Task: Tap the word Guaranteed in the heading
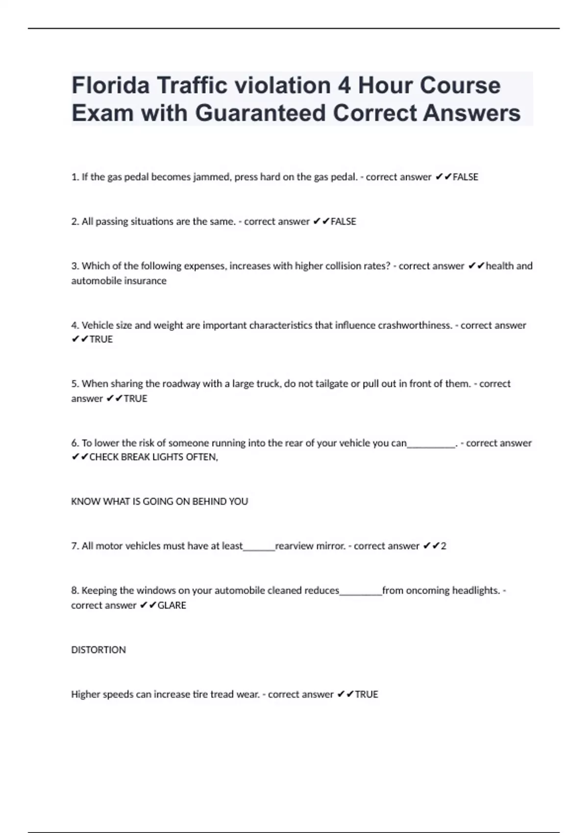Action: (x=260, y=113)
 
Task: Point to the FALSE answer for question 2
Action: (x=343, y=221)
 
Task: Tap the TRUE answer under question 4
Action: (x=101, y=339)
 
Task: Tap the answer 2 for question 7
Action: (x=443, y=546)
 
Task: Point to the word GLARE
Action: (x=171, y=605)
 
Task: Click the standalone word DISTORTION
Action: (x=98, y=650)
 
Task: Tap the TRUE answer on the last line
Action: (x=367, y=694)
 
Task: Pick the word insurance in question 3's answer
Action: (x=147, y=281)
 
